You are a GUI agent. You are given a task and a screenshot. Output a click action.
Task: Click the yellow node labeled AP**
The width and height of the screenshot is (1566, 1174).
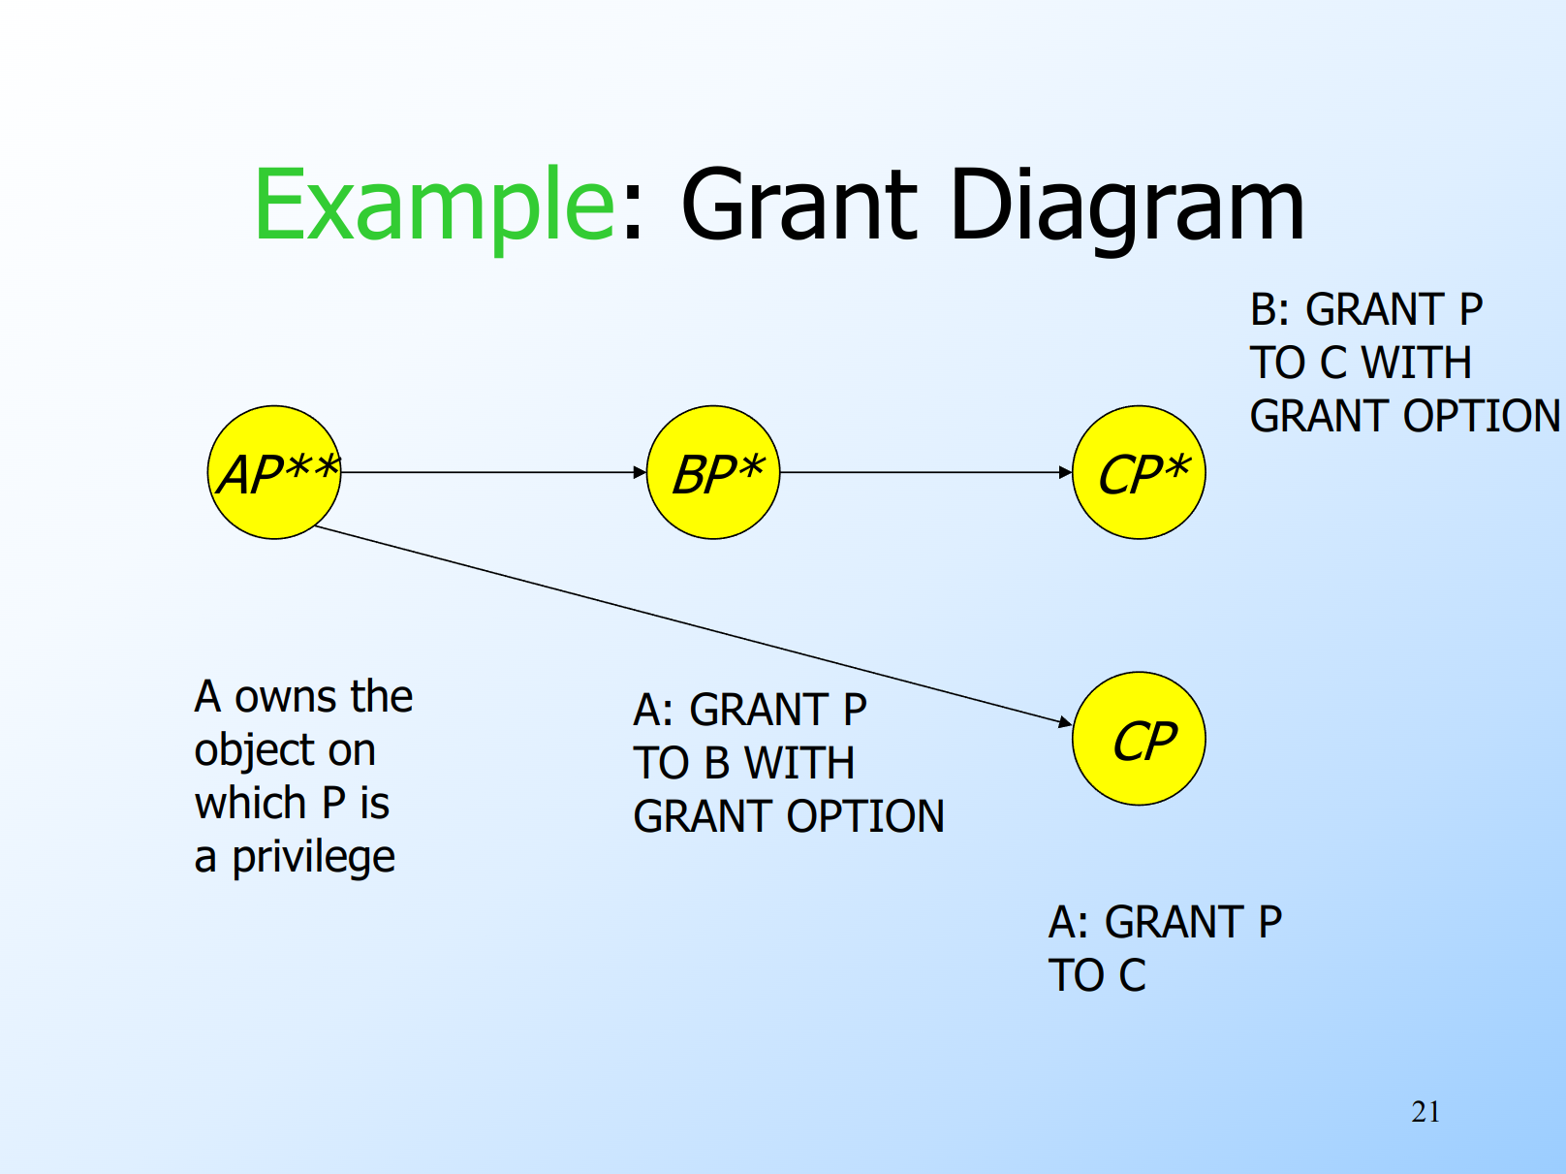274,472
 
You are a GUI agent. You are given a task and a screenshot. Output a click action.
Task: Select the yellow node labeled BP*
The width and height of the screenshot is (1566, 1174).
712,472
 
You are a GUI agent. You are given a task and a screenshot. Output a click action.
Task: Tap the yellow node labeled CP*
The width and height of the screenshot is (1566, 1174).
1139,472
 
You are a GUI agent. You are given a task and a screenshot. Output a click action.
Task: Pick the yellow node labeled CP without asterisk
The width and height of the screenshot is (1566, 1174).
1139,739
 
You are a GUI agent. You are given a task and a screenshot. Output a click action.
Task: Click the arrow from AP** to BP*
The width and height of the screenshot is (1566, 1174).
493,472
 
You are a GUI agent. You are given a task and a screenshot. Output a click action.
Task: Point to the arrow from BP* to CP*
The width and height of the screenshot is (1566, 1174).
926,472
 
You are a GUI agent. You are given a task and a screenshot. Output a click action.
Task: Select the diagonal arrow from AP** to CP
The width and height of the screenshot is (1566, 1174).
694,626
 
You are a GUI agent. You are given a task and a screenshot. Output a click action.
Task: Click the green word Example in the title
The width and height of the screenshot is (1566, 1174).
434,206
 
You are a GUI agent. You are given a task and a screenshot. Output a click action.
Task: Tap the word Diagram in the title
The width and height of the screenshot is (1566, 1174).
1127,206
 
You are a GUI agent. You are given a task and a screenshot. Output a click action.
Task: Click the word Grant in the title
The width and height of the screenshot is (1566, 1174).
799,206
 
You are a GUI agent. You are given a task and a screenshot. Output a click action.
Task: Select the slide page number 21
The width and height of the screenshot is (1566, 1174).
1425,1112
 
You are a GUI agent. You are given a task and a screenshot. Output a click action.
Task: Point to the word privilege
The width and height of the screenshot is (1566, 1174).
313,857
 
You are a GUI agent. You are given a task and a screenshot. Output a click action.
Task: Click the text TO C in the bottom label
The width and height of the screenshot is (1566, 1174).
1097,975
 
